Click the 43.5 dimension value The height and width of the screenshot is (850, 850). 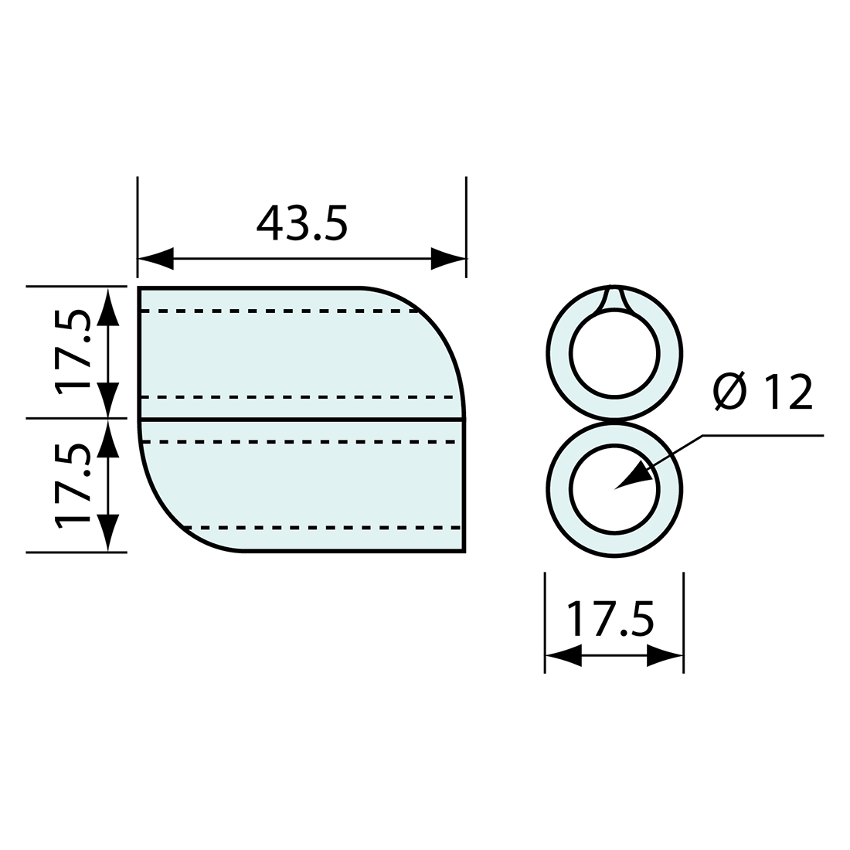pyautogui.click(x=302, y=223)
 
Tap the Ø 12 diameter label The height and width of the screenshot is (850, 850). pyautogui.click(x=762, y=392)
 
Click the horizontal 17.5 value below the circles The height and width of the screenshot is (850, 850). pyautogui.click(x=610, y=618)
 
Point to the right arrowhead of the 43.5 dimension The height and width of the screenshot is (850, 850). pyautogui.click(x=447, y=258)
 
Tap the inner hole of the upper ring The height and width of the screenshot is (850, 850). pyautogui.click(x=614, y=354)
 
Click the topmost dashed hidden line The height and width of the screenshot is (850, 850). pyautogui.click(x=278, y=311)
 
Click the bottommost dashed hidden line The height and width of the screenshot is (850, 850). pyautogui.click(x=325, y=528)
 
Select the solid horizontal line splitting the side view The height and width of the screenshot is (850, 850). pyautogui.click(x=301, y=419)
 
